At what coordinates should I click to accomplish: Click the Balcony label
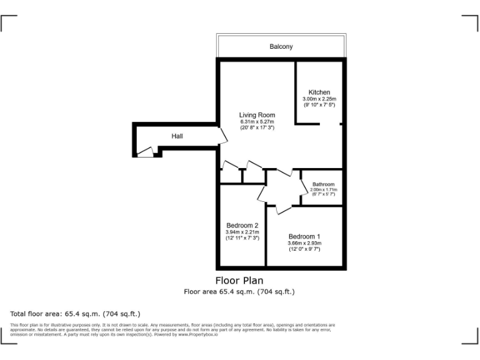[x=281, y=47]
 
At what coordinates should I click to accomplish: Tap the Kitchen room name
[x=319, y=92]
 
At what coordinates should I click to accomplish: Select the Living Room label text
[x=257, y=115]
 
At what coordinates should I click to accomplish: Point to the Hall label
[x=177, y=136]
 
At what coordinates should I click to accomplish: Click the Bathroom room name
[x=324, y=184]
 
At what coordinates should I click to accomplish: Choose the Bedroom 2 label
[x=242, y=226]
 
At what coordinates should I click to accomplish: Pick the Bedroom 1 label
[x=304, y=236]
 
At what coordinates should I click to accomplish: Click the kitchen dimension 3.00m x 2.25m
[x=319, y=99]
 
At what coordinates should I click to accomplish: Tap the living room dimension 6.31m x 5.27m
[x=257, y=121]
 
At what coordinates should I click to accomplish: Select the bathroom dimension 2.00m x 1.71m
[x=324, y=189]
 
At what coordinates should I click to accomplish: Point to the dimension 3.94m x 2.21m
[x=242, y=232]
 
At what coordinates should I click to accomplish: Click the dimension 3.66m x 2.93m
[x=304, y=242]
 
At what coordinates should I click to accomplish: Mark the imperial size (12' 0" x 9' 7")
[x=304, y=249]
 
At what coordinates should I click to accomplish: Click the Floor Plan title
[x=239, y=281]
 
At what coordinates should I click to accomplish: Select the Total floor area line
[x=75, y=314]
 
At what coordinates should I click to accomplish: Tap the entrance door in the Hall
[x=145, y=152]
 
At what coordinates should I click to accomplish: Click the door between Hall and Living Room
[x=222, y=137]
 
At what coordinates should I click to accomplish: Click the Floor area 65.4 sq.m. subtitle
[x=239, y=291]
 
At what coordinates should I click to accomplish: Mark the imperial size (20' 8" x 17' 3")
[x=257, y=127]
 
